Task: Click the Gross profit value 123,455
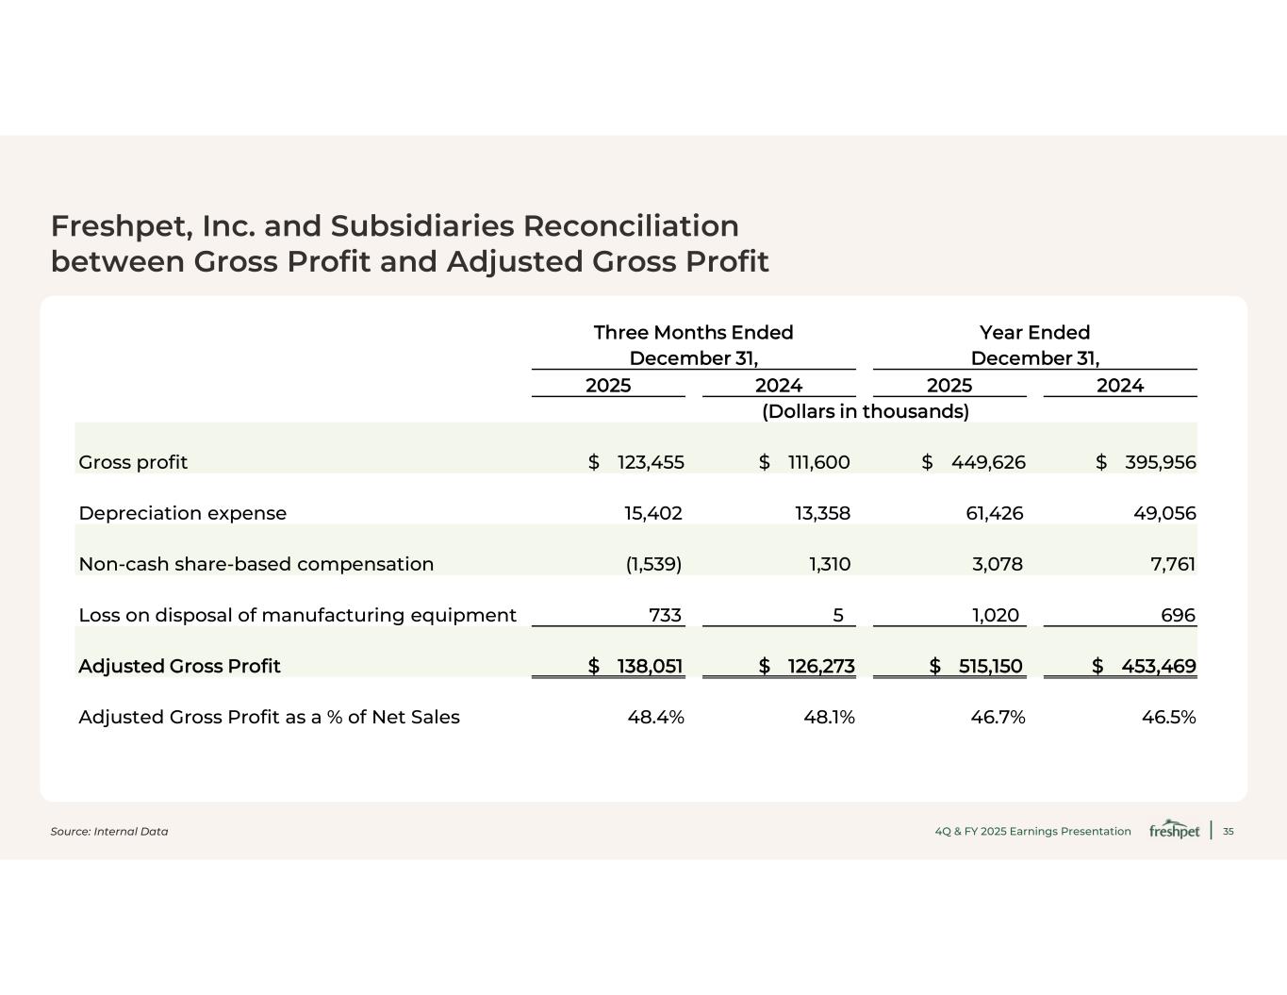coord(651,462)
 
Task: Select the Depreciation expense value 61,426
coord(998,513)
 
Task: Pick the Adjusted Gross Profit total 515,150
coord(990,666)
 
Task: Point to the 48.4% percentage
coord(655,717)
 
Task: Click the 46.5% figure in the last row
coord(1168,717)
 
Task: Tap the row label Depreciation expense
coord(182,513)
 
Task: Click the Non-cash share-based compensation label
coord(256,564)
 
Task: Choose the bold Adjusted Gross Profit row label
coord(179,666)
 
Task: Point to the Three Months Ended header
coord(693,333)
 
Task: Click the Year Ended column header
coord(1034,333)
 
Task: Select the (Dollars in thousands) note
coord(865,411)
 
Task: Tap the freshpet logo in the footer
coord(1174,830)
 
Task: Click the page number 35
coord(1228,831)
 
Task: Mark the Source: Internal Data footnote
coord(109,831)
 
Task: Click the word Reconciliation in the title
coord(631,226)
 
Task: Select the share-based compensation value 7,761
coord(1173,564)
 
